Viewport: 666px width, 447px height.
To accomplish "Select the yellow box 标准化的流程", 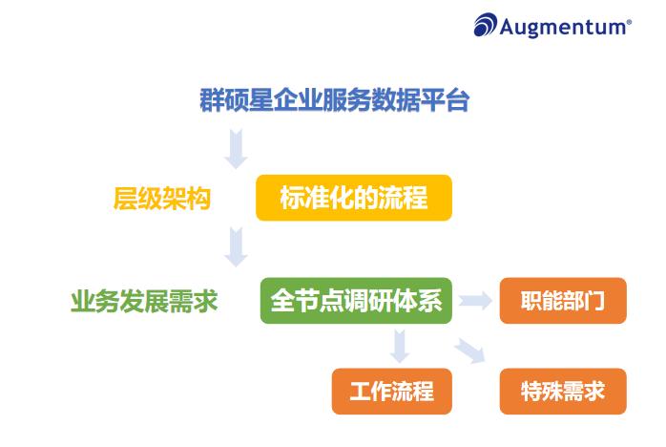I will tap(353, 199).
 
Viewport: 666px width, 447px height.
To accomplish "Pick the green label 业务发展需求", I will tap(144, 302).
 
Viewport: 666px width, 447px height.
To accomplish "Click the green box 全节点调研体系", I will tap(356, 301).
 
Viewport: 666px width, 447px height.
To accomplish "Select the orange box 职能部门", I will tap(562, 301).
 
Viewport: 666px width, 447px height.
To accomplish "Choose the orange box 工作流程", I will tap(391, 392).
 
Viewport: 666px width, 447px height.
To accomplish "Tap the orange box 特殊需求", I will tap(562, 392).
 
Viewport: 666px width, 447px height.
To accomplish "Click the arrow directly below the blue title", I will tap(236, 148).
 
